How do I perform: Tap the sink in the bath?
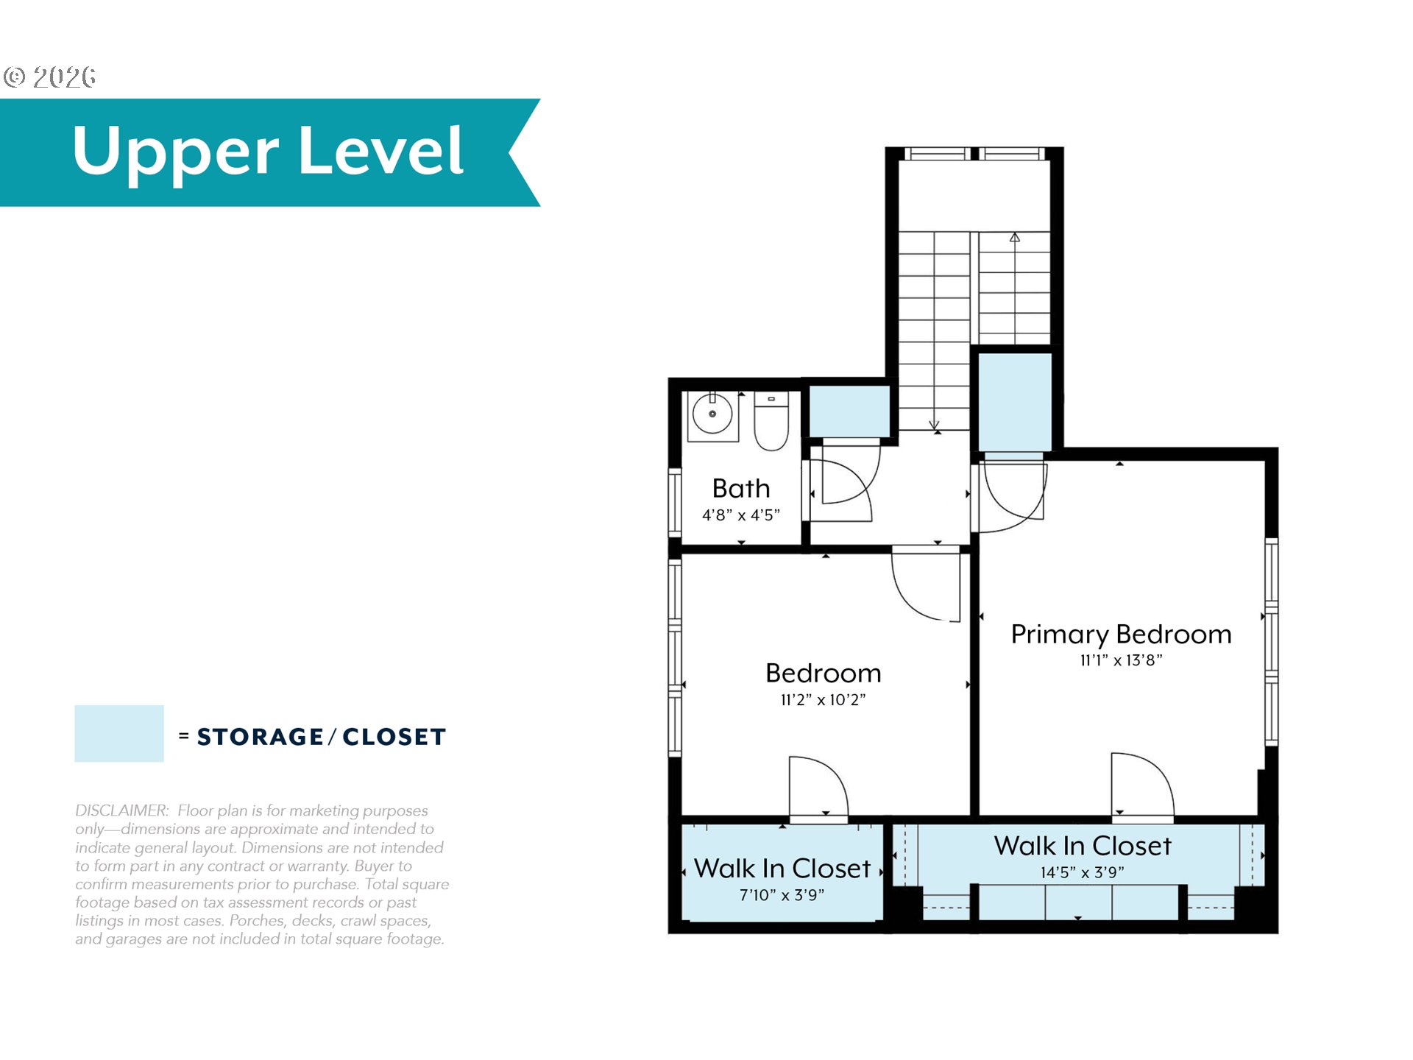pos(712,416)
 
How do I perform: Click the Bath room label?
pos(741,488)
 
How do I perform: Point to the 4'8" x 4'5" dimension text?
pos(741,515)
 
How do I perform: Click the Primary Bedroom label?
pos(1121,635)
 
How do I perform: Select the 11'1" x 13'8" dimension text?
pos(1121,660)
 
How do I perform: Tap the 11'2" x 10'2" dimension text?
pos(823,700)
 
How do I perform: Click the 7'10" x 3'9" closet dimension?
pos(782,895)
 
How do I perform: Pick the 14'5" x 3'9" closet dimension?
pos(1082,872)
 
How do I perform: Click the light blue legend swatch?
pos(119,733)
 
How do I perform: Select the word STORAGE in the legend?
pos(260,737)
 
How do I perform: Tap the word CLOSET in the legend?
pos(394,737)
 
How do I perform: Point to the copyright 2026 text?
pos(49,77)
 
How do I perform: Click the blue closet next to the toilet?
pos(849,411)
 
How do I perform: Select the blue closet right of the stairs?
pos(1014,402)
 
